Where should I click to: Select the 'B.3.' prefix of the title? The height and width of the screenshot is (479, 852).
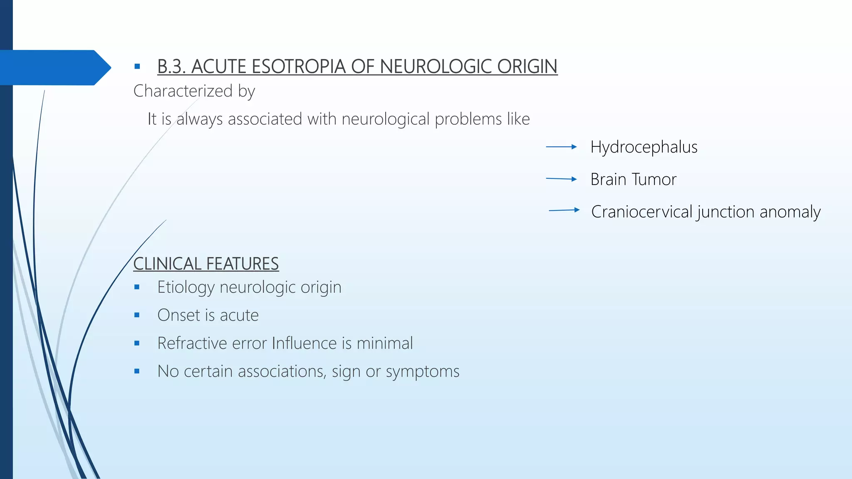click(x=171, y=67)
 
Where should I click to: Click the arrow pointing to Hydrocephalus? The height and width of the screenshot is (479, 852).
click(x=561, y=147)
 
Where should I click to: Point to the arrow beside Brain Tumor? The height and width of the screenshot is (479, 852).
click(x=561, y=179)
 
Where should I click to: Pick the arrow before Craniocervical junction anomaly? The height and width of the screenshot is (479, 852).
click(x=564, y=210)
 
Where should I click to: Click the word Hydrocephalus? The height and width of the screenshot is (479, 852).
click(x=644, y=147)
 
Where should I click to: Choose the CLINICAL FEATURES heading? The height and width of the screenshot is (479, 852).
click(x=206, y=264)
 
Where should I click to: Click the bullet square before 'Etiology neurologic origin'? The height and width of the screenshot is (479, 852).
click(x=137, y=287)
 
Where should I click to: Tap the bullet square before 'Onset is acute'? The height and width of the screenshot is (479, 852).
click(x=137, y=315)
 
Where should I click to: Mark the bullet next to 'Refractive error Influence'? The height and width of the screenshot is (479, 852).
click(x=137, y=343)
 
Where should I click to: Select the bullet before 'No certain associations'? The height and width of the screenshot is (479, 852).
click(x=137, y=371)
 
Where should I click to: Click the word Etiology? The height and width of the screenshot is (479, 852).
click(x=186, y=287)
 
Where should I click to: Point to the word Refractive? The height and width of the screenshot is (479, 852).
click(x=192, y=343)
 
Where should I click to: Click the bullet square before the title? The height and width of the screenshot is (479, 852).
click(x=137, y=67)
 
